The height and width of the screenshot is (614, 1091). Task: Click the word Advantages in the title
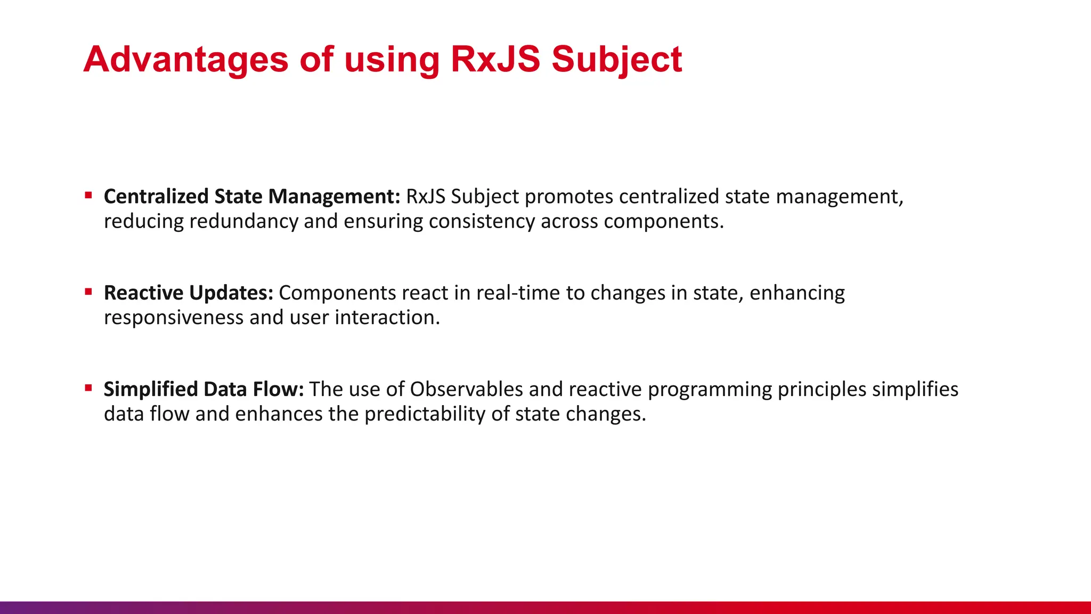[185, 59]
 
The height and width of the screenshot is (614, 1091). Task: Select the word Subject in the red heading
[616, 59]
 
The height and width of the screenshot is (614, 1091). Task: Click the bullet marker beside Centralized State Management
[88, 196]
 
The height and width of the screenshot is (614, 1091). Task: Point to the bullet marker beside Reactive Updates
[88, 292]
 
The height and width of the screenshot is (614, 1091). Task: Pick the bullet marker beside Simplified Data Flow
[88, 388]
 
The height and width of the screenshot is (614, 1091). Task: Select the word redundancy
[243, 221]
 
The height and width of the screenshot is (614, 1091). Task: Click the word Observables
[466, 390]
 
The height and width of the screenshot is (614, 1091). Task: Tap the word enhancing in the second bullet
[797, 293]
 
